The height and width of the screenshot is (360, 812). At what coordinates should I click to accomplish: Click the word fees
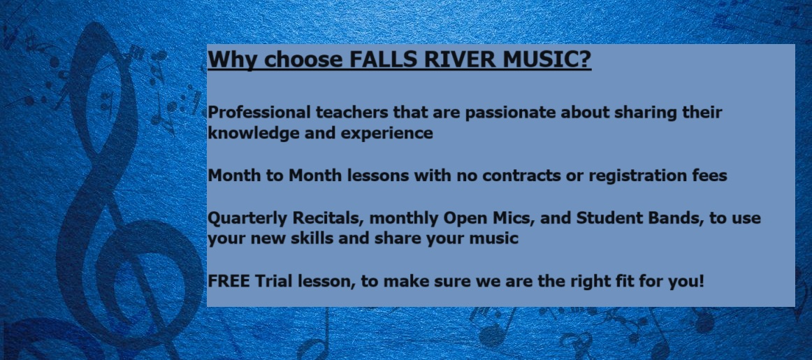[710, 175]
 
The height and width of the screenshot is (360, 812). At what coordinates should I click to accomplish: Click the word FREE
[229, 281]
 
